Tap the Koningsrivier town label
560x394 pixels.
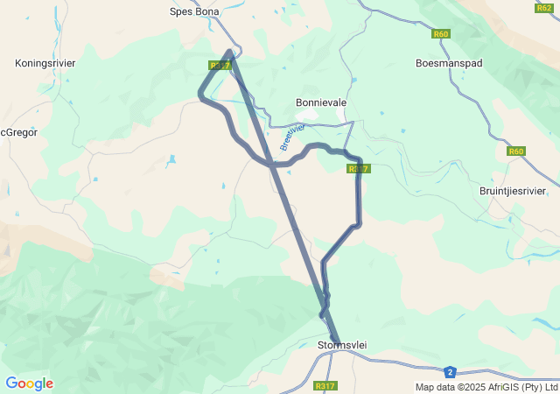[x=45, y=63]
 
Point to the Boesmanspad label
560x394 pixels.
[x=449, y=63]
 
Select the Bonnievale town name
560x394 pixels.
[x=321, y=102]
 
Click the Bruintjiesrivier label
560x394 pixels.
[x=513, y=191]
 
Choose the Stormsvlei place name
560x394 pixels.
[x=341, y=346]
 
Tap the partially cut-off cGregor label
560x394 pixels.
[x=18, y=133]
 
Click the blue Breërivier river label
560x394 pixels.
[x=292, y=137]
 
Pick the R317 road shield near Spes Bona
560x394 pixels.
[x=219, y=66]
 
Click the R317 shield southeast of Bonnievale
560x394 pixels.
[x=359, y=169]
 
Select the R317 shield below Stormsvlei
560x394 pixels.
[x=325, y=386]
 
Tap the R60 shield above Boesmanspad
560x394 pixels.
[x=440, y=34]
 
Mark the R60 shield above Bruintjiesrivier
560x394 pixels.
[x=516, y=151]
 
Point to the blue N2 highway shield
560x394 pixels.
[x=450, y=371]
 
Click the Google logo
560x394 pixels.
[x=29, y=383]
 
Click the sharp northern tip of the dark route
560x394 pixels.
[x=229, y=51]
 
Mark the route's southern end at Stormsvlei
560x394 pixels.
[x=337, y=341]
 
